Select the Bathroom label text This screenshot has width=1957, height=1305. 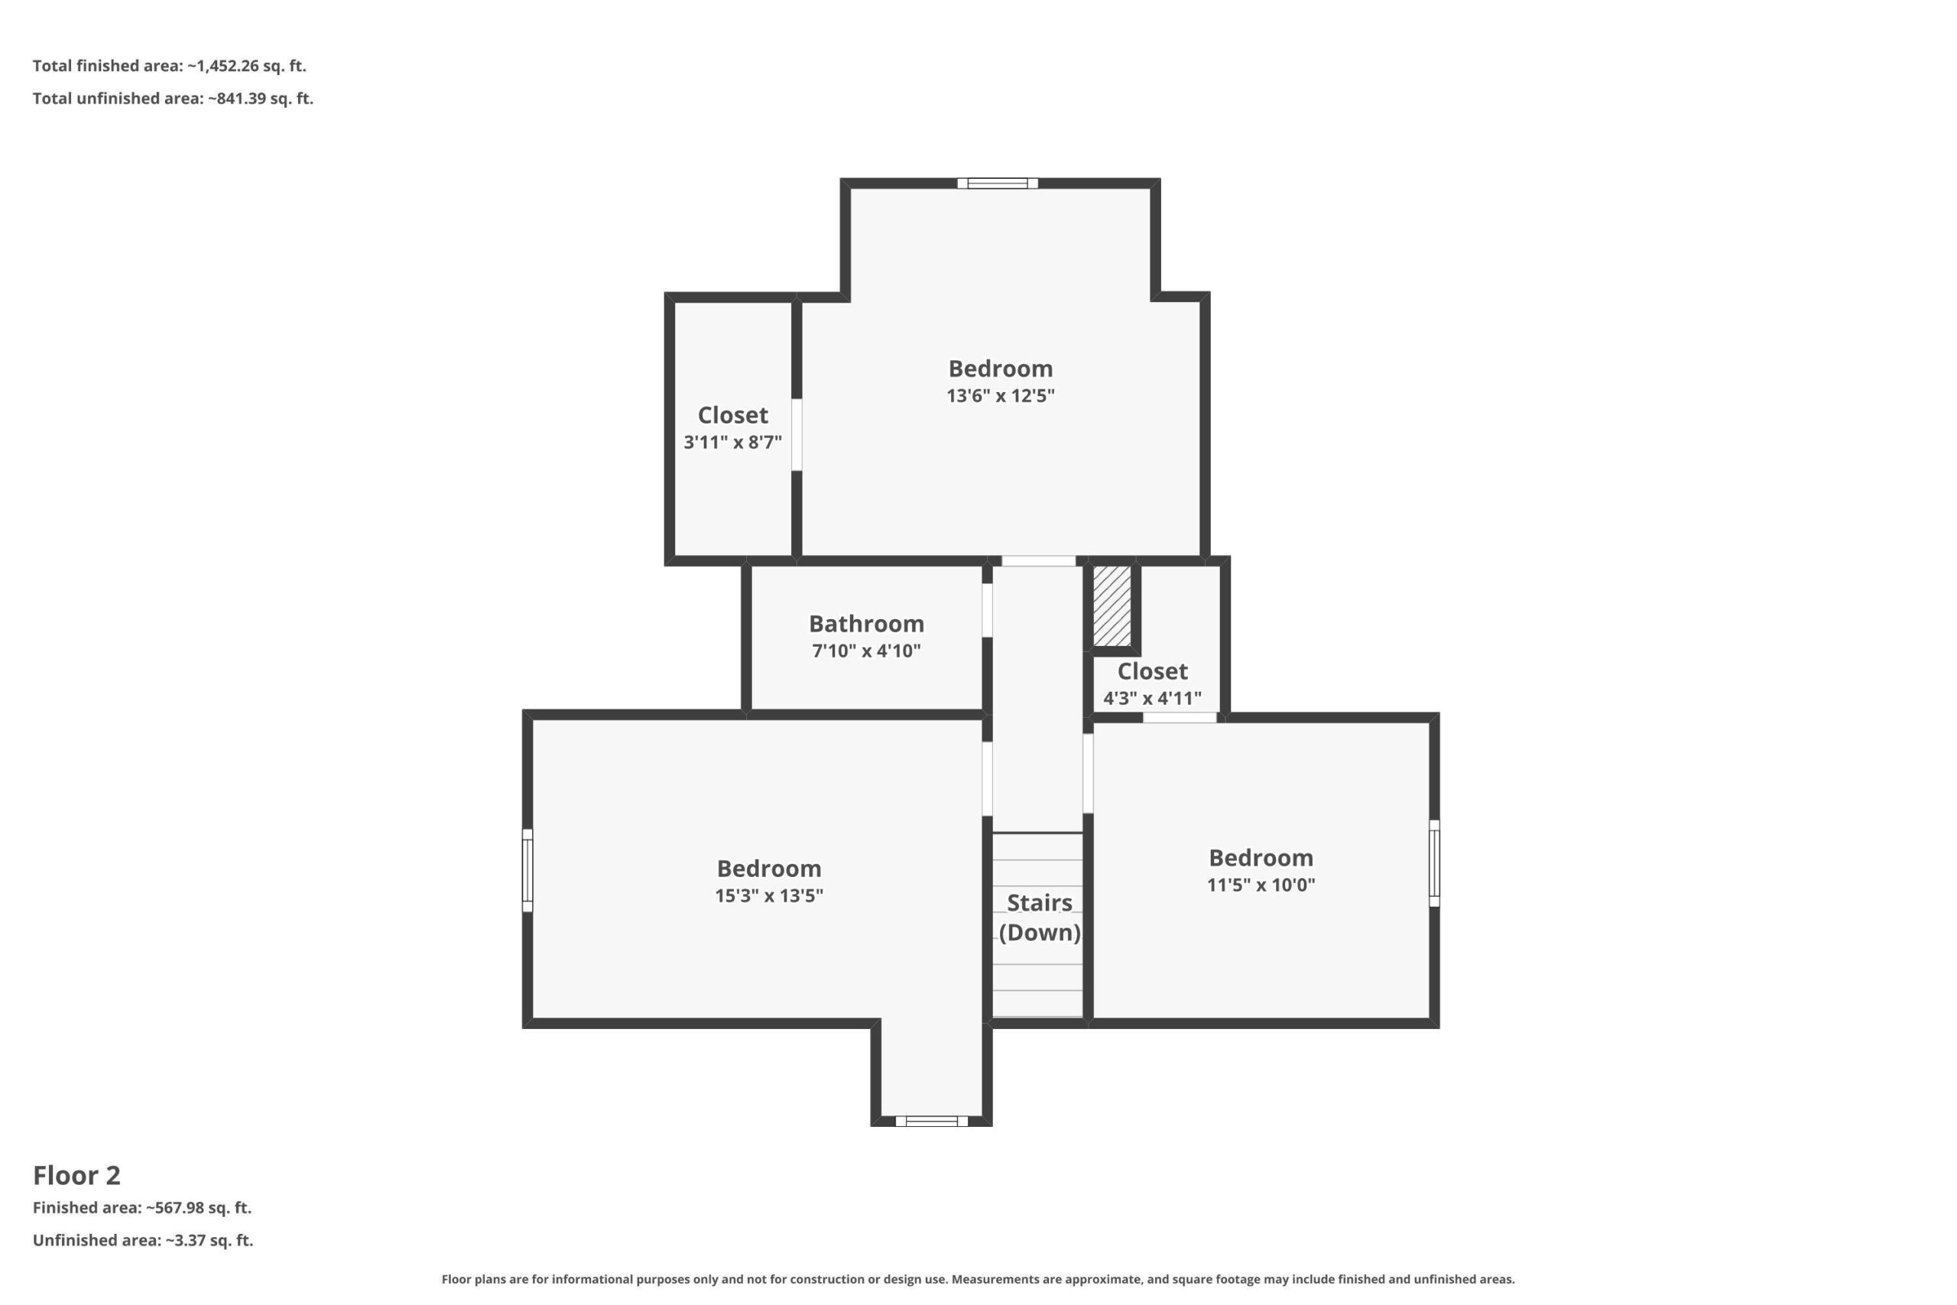tap(866, 623)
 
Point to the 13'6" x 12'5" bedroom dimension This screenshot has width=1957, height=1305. tap(1000, 395)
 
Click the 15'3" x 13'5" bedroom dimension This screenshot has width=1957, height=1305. tap(769, 895)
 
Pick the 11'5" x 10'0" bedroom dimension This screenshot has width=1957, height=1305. tap(1261, 885)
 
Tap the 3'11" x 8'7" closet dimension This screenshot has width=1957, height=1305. tap(732, 442)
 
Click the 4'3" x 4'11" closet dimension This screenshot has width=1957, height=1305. tap(1152, 698)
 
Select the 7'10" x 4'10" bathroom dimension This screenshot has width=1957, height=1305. tap(866, 651)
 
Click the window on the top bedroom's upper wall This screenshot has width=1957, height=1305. tap(997, 183)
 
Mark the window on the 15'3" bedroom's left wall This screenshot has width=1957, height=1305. tap(527, 870)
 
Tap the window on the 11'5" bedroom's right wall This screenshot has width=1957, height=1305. tap(1433, 863)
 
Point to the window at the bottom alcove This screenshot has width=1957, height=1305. tap(931, 1121)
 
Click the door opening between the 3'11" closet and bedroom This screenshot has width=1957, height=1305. tap(797, 434)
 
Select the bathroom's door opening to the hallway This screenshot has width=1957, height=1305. tap(987, 610)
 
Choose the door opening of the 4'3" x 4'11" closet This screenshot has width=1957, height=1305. tap(1179, 717)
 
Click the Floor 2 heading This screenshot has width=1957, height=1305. tap(76, 1175)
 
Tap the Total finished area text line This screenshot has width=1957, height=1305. tap(170, 66)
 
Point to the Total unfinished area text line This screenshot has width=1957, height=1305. tap(173, 98)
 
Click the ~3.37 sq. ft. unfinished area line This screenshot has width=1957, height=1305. tap(142, 1240)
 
